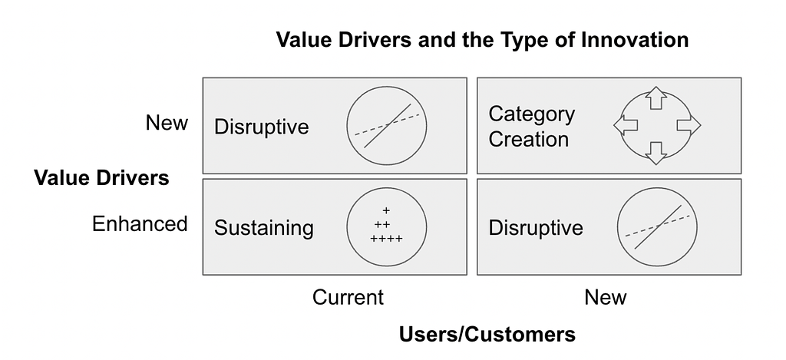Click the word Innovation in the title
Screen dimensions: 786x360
[635, 40]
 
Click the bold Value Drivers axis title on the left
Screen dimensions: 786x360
[102, 178]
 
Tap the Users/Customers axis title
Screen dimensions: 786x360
[487, 334]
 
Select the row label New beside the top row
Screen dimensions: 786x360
[167, 122]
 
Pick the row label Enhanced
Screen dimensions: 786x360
[140, 223]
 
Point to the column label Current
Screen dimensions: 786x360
[348, 297]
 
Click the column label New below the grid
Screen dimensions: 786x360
[606, 297]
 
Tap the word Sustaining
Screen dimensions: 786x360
[264, 228]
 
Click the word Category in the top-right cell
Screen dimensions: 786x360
[532, 115]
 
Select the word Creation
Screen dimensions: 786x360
[529, 140]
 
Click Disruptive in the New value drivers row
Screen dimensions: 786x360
[262, 127]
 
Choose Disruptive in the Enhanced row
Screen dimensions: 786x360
[536, 228]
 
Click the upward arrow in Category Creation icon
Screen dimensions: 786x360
[656, 97]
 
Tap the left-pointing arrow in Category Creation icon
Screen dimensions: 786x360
[626, 125]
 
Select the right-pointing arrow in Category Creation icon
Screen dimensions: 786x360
[689, 125]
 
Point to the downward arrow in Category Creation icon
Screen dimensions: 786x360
[656, 154]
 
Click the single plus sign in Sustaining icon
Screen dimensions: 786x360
[386, 210]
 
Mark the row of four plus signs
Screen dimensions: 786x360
[387, 239]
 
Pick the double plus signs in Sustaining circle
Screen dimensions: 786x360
[382, 225]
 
